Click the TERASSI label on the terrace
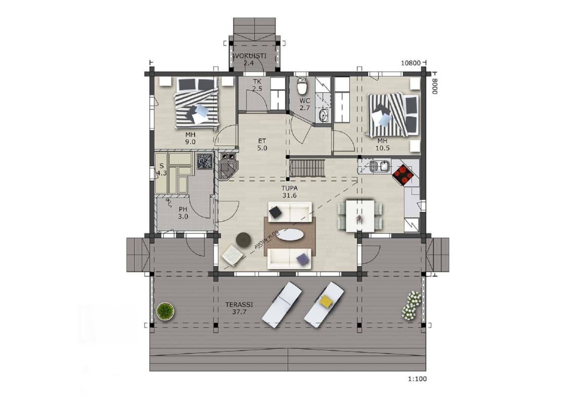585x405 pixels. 239,305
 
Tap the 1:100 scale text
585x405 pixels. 417,379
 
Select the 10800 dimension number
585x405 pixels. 411,63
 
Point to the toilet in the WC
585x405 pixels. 302,87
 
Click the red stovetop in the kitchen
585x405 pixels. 403,174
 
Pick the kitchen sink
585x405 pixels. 380,167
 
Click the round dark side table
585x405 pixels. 243,239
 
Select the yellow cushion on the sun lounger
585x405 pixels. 326,301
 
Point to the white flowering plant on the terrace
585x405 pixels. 411,306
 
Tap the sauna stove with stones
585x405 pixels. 204,161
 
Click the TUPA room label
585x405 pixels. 289,188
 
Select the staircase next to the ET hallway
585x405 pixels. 307,168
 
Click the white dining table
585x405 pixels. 360,216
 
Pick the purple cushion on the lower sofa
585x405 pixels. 303,259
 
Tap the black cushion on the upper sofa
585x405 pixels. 276,213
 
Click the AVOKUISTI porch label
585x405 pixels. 249,56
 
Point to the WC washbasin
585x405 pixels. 323,115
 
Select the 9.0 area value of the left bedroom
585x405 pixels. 190,142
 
